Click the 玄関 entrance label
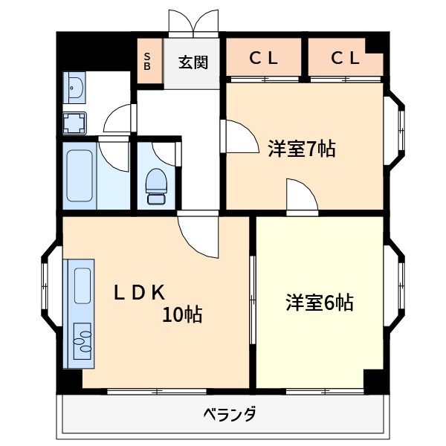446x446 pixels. point(193,62)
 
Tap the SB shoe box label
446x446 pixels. point(147,61)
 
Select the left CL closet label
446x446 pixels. point(263,58)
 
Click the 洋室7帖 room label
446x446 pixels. point(301,149)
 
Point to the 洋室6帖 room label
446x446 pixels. point(320,303)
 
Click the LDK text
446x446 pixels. point(138,292)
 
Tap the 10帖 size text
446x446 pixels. point(183,315)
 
